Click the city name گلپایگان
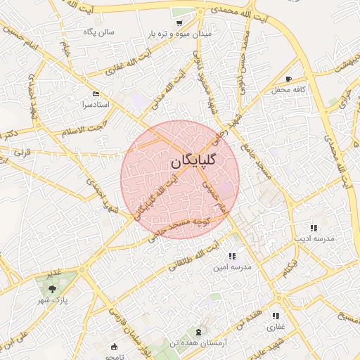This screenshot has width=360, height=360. click(x=193, y=161)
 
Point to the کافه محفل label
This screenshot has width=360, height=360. click(x=288, y=90)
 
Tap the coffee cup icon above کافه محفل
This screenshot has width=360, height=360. click(x=288, y=78)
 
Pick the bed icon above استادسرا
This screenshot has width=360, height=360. click(x=96, y=94)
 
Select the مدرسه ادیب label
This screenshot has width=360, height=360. click(x=312, y=239)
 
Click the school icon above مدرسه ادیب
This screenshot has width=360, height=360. click(x=313, y=227)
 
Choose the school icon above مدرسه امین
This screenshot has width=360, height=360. click(x=233, y=256)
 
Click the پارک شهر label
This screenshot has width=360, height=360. click(x=52, y=300)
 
